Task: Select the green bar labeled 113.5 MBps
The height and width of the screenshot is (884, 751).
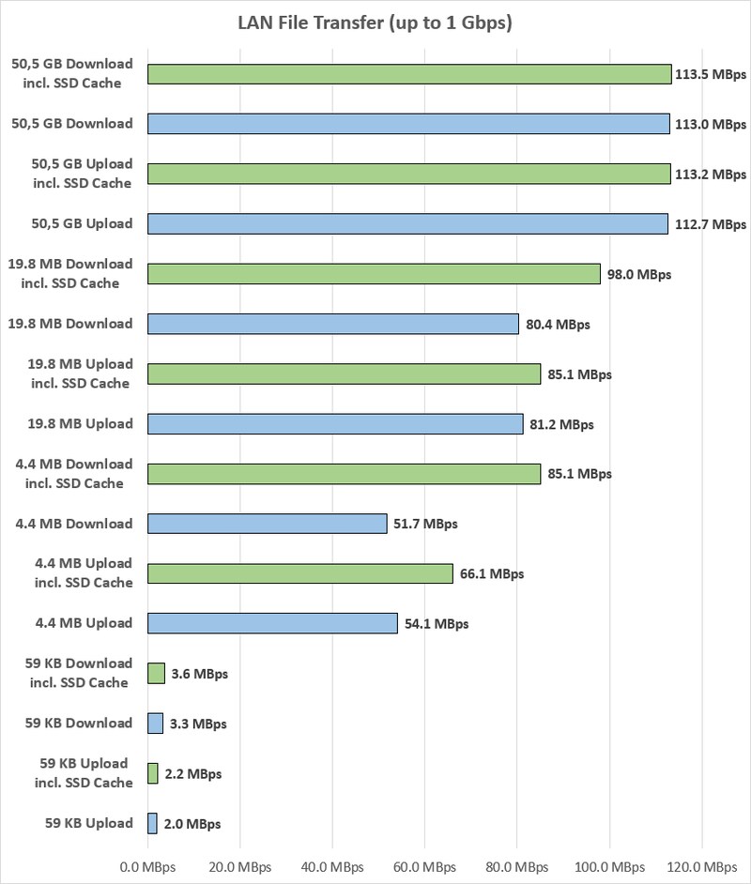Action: click(x=409, y=74)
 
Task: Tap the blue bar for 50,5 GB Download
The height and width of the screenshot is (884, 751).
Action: click(x=408, y=124)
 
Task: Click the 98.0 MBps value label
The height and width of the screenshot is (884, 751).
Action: click(x=639, y=274)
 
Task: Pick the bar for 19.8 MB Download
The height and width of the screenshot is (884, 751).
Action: click(x=333, y=324)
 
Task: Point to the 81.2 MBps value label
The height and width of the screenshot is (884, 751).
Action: click(x=562, y=424)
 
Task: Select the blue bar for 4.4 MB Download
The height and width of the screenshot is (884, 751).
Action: click(x=268, y=524)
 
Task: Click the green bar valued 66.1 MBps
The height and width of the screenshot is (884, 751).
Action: click(x=300, y=573)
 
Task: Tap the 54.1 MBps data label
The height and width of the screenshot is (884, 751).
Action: click(x=437, y=623)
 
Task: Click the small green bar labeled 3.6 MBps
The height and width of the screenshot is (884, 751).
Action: click(x=157, y=673)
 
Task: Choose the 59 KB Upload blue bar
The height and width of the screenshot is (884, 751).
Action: click(x=153, y=823)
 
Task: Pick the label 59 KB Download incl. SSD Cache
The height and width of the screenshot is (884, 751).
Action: click(x=79, y=673)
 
